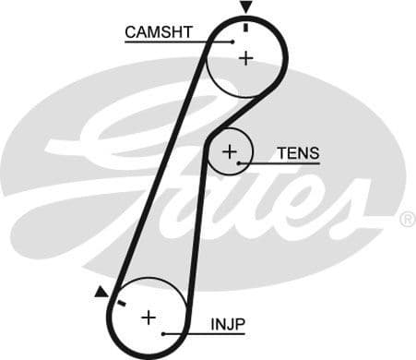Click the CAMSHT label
[x=159, y=32]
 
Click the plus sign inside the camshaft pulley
[x=245, y=58]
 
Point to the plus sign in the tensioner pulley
[x=230, y=150]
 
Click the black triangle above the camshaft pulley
[x=245, y=7]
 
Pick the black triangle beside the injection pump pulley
[x=101, y=292]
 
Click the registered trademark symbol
[x=407, y=219]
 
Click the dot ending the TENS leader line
[x=240, y=163]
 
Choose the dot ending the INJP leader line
[x=163, y=333]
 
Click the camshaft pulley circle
[x=268, y=83]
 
